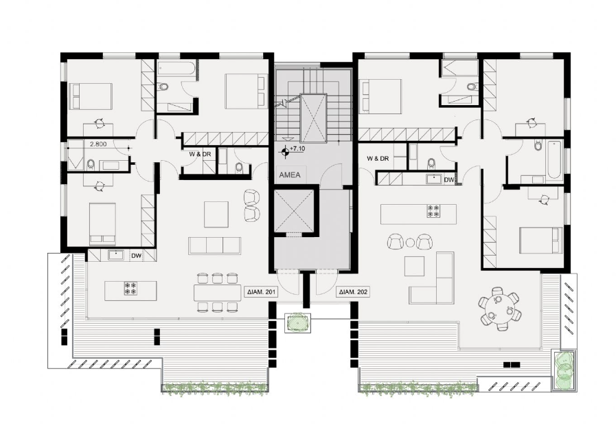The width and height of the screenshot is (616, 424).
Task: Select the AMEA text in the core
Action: coord(288,175)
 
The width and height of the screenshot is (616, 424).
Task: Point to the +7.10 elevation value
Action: coord(297,148)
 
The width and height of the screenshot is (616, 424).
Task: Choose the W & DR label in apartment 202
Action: coord(378,158)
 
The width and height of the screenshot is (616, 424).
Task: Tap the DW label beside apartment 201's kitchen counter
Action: coord(136,256)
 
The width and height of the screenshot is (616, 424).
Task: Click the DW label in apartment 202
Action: coord(449,179)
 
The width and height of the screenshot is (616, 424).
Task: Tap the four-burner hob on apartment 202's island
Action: coord(434,211)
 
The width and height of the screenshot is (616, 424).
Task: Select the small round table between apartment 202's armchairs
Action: coord(411,242)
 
